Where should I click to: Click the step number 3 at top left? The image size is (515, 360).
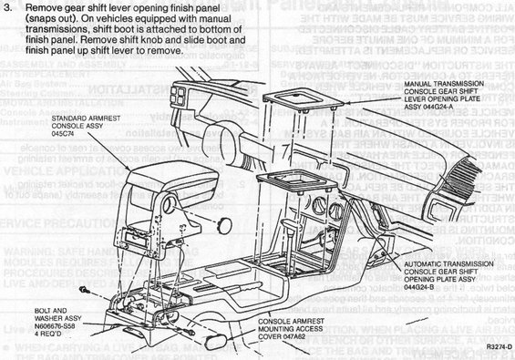tap(8, 8)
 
